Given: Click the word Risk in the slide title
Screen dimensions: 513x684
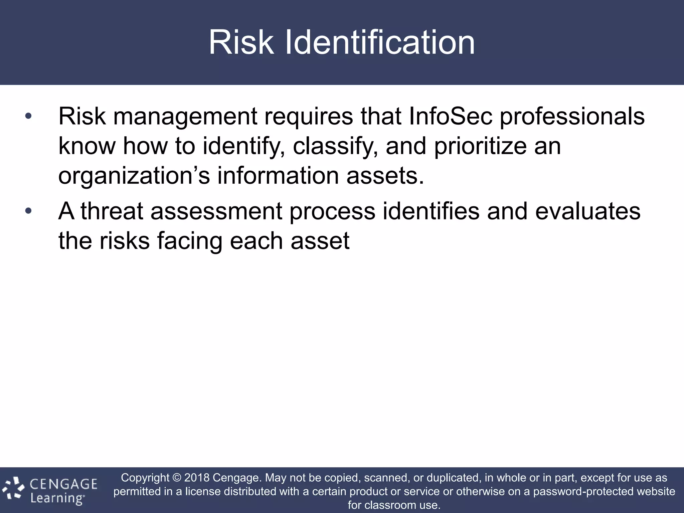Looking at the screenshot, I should click(241, 42).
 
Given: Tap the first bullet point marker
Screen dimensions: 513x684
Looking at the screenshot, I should click(28, 117).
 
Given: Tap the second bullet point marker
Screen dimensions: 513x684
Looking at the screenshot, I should click(28, 211).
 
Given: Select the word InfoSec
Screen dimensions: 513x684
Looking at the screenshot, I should click(451, 117).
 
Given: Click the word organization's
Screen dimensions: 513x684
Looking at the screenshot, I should click(134, 176).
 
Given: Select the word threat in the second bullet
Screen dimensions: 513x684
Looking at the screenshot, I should click(112, 211).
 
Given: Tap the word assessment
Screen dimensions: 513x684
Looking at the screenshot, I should click(216, 211).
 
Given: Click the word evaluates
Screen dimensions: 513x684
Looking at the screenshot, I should click(588, 211).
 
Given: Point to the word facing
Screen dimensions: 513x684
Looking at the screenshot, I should click(189, 241).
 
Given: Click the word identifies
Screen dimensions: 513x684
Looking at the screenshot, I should click(431, 211).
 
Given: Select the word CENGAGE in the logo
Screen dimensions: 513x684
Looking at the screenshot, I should click(63, 484).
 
